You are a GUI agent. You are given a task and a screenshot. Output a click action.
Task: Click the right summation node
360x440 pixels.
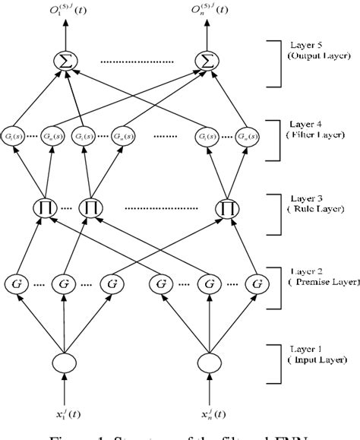(x=206, y=60)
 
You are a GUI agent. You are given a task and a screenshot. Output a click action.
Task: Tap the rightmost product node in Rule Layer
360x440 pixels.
(x=226, y=207)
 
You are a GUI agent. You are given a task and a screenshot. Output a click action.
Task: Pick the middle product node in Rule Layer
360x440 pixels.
(x=90, y=207)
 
